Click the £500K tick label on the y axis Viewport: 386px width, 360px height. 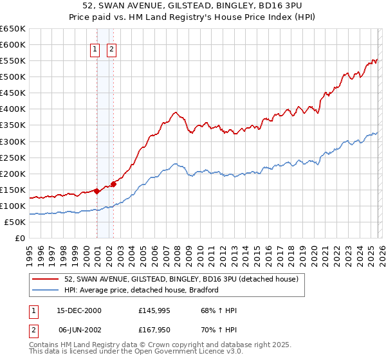[x=12, y=76]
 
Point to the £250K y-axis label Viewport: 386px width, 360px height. [x=12, y=157]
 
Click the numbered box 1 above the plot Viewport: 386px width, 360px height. [x=95, y=49]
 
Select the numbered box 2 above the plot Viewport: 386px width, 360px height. [x=111, y=49]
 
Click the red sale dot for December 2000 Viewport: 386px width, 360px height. [x=96, y=191]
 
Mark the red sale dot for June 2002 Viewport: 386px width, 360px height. [x=113, y=184]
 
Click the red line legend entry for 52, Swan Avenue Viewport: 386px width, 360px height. [x=181, y=279]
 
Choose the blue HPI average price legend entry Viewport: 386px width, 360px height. [x=142, y=290]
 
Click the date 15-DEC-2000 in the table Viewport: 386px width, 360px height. [x=80, y=310]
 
